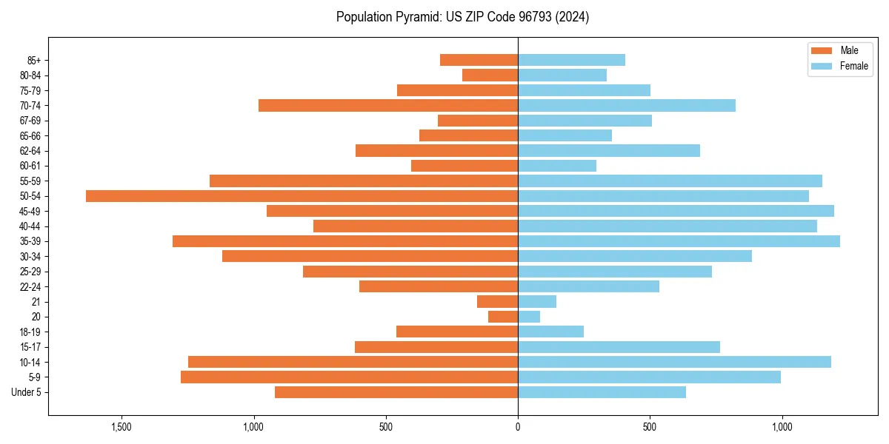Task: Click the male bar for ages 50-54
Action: coord(302,196)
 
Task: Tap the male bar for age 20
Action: coord(503,317)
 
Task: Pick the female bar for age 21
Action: coord(537,301)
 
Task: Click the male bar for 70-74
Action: coord(388,106)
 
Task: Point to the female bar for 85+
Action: coord(571,60)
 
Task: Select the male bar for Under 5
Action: coord(396,392)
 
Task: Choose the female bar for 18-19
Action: coord(550,332)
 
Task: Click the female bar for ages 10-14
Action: coord(674,362)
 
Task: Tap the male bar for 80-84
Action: coord(490,75)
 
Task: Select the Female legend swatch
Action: coord(822,66)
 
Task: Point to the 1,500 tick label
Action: coord(121,427)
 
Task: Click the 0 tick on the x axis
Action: coord(518,427)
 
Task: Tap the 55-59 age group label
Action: coord(30,181)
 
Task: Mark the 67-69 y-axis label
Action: coord(30,121)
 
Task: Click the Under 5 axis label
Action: coord(26,392)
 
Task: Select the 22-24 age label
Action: coord(30,286)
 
